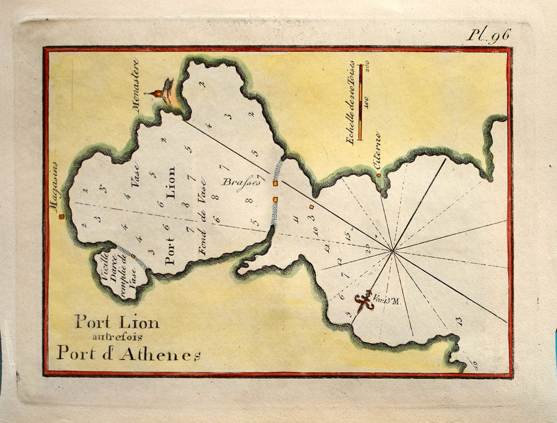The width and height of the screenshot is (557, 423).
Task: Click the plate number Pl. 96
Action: [x=488, y=35]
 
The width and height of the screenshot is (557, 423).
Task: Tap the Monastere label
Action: [x=136, y=85]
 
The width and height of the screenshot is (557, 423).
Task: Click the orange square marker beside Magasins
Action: [x=61, y=216]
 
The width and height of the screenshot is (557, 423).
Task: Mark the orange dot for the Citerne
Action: [x=379, y=176]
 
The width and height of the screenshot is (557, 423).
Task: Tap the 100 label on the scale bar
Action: [x=367, y=103]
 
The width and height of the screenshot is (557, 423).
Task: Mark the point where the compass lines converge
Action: [x=393, y=251]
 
